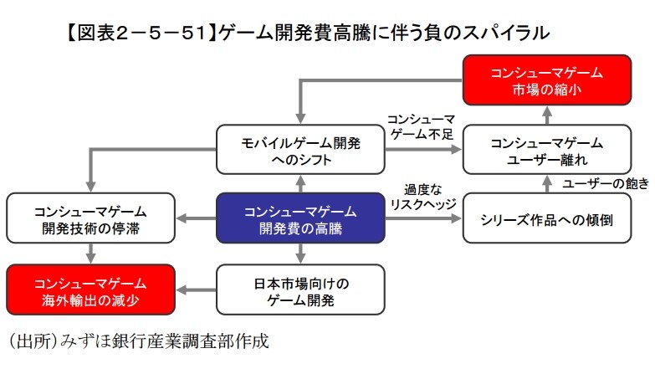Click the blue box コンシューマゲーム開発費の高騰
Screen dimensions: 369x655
point(299,218)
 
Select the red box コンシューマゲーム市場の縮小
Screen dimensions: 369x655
point(546,81)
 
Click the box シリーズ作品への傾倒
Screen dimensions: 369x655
point(546,218)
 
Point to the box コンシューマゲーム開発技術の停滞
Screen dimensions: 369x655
point(90,218)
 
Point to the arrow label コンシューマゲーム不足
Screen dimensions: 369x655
point(421,126)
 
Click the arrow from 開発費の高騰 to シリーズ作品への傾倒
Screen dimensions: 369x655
point(422,219)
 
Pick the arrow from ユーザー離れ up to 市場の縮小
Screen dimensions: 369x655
point(546,115)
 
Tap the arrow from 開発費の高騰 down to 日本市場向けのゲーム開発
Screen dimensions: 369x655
point(299,254)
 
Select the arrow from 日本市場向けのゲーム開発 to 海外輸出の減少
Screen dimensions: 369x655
point(195,290)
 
